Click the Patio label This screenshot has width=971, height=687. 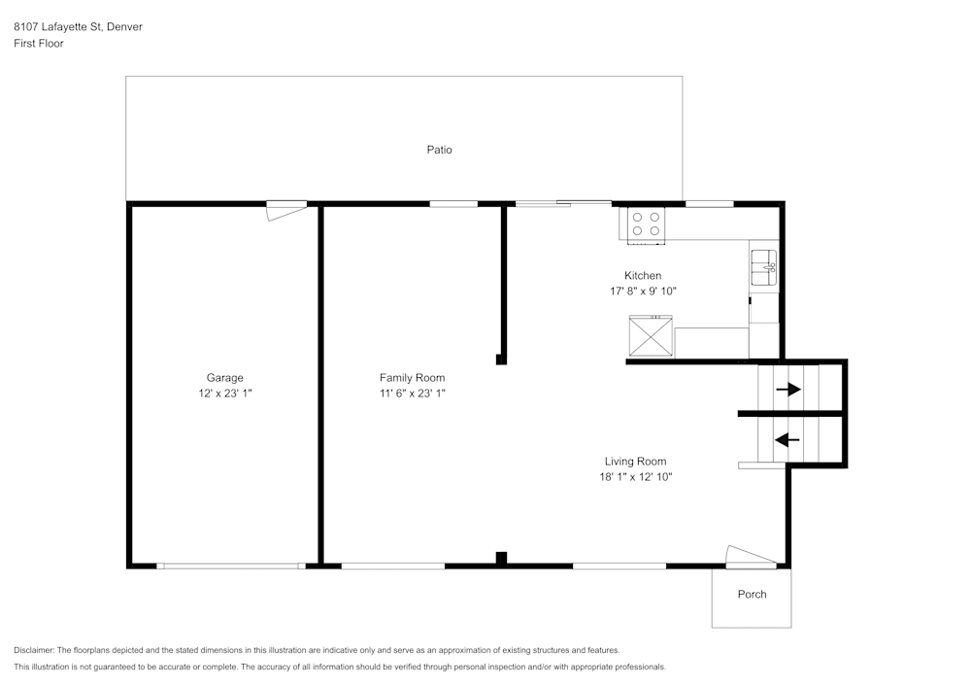[439, 150]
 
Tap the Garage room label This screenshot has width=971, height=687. [224, 378]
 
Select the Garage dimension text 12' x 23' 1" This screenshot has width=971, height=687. [224, 394]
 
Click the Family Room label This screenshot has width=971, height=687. [412, 378]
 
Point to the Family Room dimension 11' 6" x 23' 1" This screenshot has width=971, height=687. [412, 394]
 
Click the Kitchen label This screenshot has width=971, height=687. [643, 276]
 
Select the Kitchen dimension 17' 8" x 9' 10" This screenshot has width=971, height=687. [643, 291]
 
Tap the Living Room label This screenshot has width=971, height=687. [635, 462]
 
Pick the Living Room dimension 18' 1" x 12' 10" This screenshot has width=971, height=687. [635, 477]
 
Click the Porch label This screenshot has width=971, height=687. [752, 594]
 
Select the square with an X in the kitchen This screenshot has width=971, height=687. [651, 336]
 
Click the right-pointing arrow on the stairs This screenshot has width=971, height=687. [787, 390]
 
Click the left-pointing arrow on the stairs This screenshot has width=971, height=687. [787, 439]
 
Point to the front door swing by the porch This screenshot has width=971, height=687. [750, 555]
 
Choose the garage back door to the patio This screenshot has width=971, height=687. [286, 209]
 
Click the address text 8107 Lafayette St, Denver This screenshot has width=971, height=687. [78, 27]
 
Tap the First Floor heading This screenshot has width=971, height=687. [39, 44]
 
